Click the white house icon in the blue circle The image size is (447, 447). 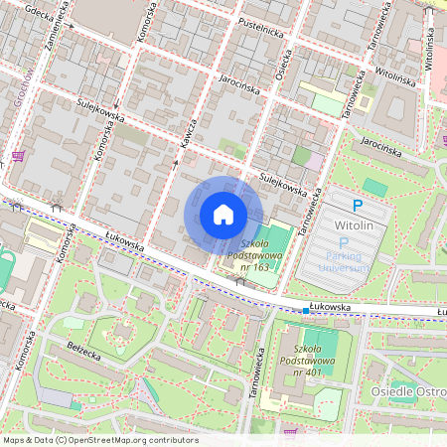pyautogui.click(x=223, y=215)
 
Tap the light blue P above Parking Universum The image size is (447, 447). pyautogui.click(x=344, y=242)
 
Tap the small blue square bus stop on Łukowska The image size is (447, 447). pyautogui.click(x=306, y=310)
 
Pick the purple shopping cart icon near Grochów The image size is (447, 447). pyautogui.click(x=17, y=156)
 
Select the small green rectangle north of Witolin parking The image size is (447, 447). pyautogui.click(x=374, y=186)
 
